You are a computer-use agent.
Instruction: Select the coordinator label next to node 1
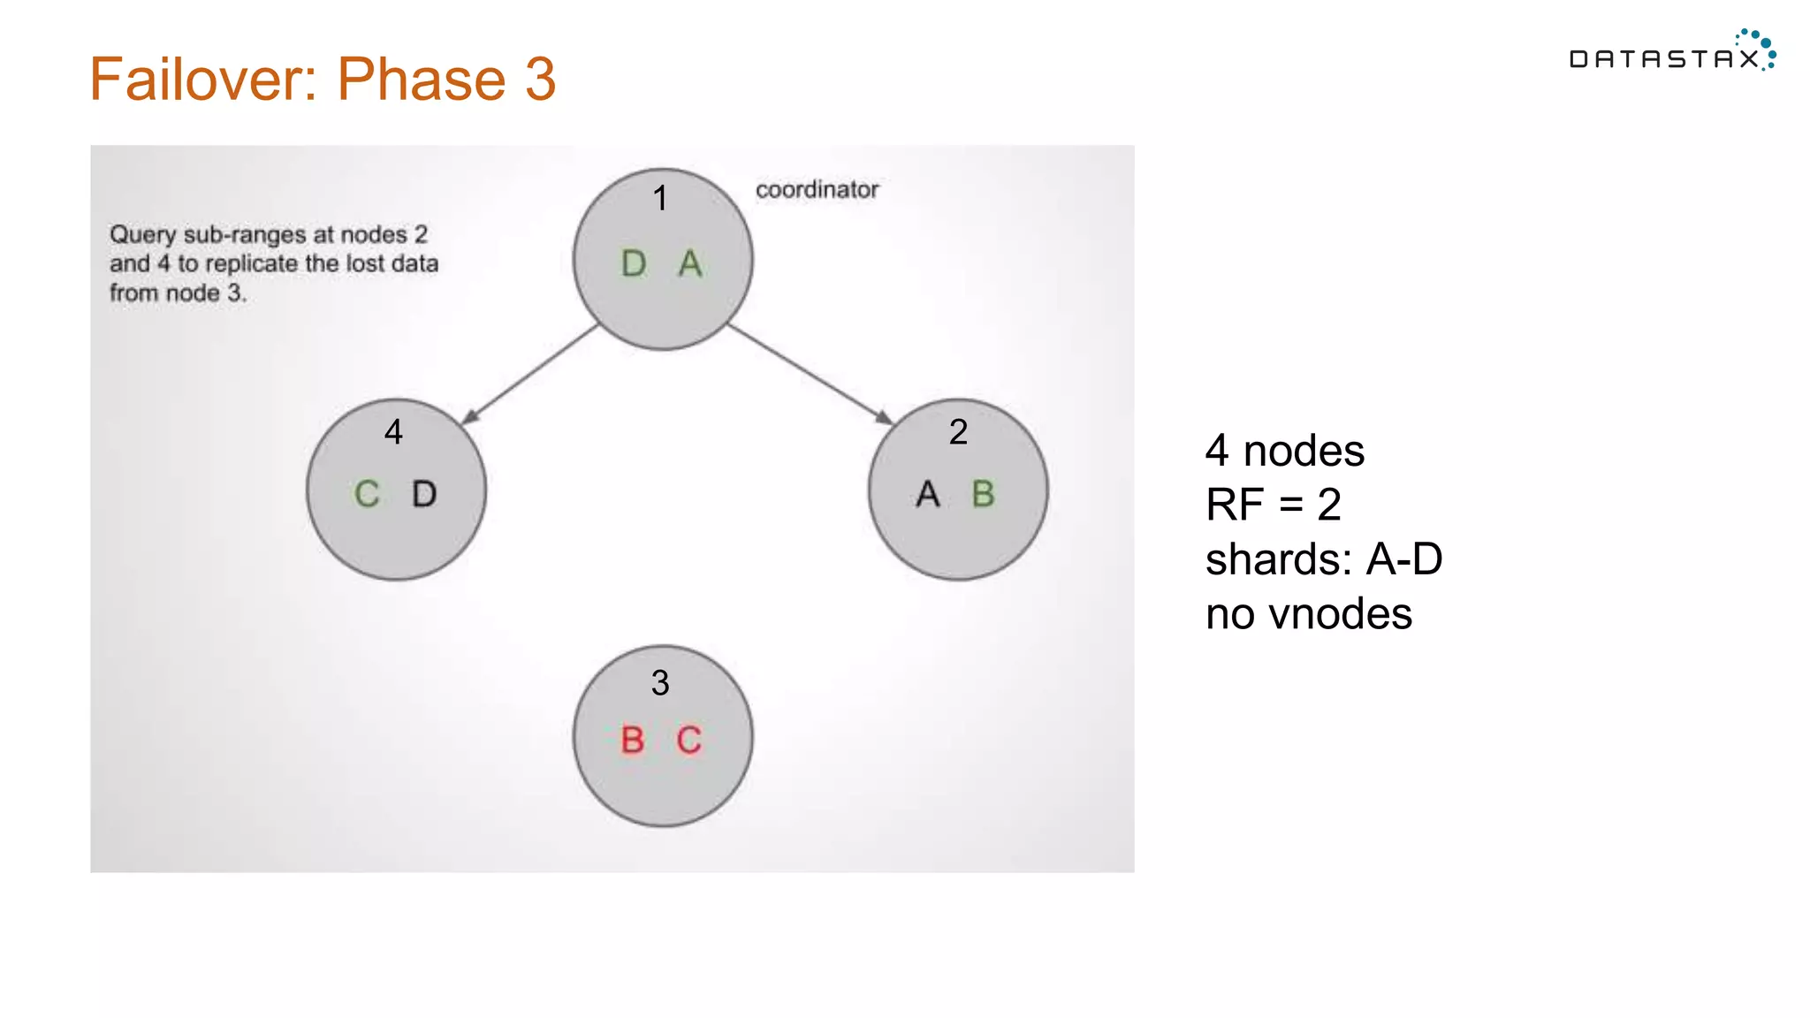click(x=817, y=189)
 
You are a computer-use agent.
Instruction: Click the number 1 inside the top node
click(x=660, y=199)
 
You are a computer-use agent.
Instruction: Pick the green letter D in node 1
click(x=634, y=263)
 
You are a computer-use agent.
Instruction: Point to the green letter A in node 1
click(x=690, y=263)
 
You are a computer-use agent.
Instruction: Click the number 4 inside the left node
click(x=394, y=432)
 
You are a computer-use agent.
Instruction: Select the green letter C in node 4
click(x=367, y=494)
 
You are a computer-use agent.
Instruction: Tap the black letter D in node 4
click(x=424, y=494)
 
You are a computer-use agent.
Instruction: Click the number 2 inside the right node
click(x=958, y=432)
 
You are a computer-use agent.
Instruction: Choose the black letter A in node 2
click(x=928, y=494)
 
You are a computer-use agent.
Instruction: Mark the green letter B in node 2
click(x=983, y=494)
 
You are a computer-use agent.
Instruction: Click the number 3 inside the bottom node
click(x=660, y=683)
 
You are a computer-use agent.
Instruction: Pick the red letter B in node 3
click(x=632, y=741)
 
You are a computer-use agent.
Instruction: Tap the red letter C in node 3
click(x=689, y=741)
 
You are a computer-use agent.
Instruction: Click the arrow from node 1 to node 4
click(x=530, y=375)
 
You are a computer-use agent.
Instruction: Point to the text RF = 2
click(x=1273, y=505)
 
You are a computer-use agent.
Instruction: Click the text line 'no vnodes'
click(x=1308, y=614)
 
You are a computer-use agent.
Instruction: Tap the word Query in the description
click(x=142, y=235)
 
